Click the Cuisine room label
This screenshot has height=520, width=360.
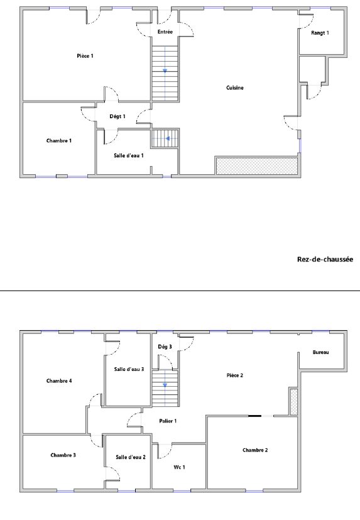[235, 87]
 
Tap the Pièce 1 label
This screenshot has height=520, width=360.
[85, 56]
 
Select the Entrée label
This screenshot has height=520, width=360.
[165, 32]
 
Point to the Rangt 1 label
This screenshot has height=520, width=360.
[320, 33]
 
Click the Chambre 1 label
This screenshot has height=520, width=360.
[59, 141]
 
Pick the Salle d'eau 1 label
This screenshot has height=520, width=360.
[129, 155]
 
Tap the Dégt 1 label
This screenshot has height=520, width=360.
[117, 116]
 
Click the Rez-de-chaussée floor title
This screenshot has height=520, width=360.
[325, 259]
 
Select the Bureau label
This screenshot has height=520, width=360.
[321, 352]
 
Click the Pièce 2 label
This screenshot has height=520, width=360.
[235, 375]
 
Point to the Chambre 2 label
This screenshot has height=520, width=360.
[255, 450]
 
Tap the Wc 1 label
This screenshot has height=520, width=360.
[179, 467]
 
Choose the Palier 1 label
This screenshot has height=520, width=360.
[168, 421]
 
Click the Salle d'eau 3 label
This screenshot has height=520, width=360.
[129, 369]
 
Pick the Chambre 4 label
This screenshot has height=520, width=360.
[59, 380]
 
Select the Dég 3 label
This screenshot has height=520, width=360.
[165, 347]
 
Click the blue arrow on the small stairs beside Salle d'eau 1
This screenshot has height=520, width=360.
[168, 138]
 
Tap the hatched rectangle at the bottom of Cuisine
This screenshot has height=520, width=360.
[257, 166]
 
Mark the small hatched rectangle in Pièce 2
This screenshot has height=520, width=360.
[293, 402]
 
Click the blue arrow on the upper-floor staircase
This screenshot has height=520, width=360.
[165, 385]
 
